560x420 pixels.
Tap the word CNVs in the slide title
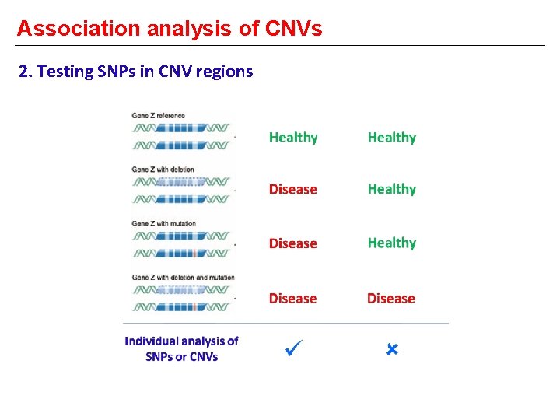coord(293,29)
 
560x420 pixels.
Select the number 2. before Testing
coord(26,72)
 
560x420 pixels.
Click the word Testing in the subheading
coord(67,72)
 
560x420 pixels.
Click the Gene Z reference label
coord(159,116)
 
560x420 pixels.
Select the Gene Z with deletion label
coord(163,170)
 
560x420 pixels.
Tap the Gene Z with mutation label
coord(164,223)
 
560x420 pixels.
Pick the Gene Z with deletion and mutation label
coord(184,277)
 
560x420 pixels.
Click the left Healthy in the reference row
coord(293,138)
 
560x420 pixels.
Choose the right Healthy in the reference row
coord(391,138)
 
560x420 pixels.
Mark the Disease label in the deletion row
coord(293,189)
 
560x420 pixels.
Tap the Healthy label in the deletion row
coord(391,189)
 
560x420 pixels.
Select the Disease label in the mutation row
coord(293,243)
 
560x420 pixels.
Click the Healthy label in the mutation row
coord(391,243)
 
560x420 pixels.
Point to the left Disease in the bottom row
coord(293,298)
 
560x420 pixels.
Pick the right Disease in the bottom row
coord(391,298)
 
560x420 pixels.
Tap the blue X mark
coord(392,350)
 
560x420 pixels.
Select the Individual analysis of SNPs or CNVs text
coord(181,349)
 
